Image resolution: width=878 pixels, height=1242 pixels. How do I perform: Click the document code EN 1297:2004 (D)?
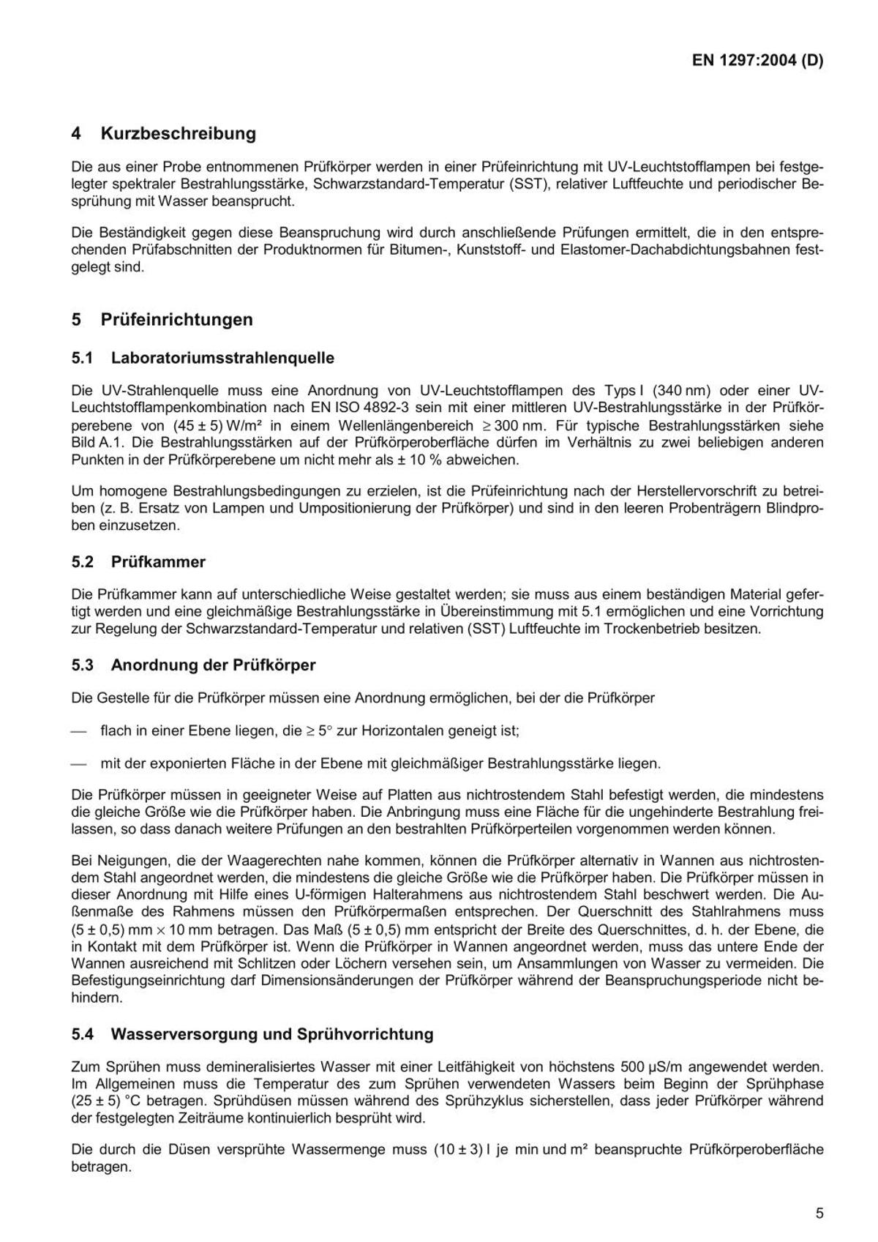tap(757, 61)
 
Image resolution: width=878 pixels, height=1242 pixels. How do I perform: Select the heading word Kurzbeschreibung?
tap(179, 134)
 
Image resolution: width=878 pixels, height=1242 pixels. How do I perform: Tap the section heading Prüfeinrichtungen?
tap(177, 320)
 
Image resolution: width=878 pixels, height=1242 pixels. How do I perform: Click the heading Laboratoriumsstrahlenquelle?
tap(222, 358)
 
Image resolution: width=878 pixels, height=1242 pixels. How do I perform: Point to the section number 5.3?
tap(83, 665)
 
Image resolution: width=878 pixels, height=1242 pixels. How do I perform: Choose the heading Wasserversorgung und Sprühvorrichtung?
tap(272, 1034)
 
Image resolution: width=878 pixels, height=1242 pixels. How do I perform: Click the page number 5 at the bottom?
tap(819, 1213)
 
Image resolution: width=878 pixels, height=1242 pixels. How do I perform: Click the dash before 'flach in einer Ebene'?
tap(80, 730)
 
